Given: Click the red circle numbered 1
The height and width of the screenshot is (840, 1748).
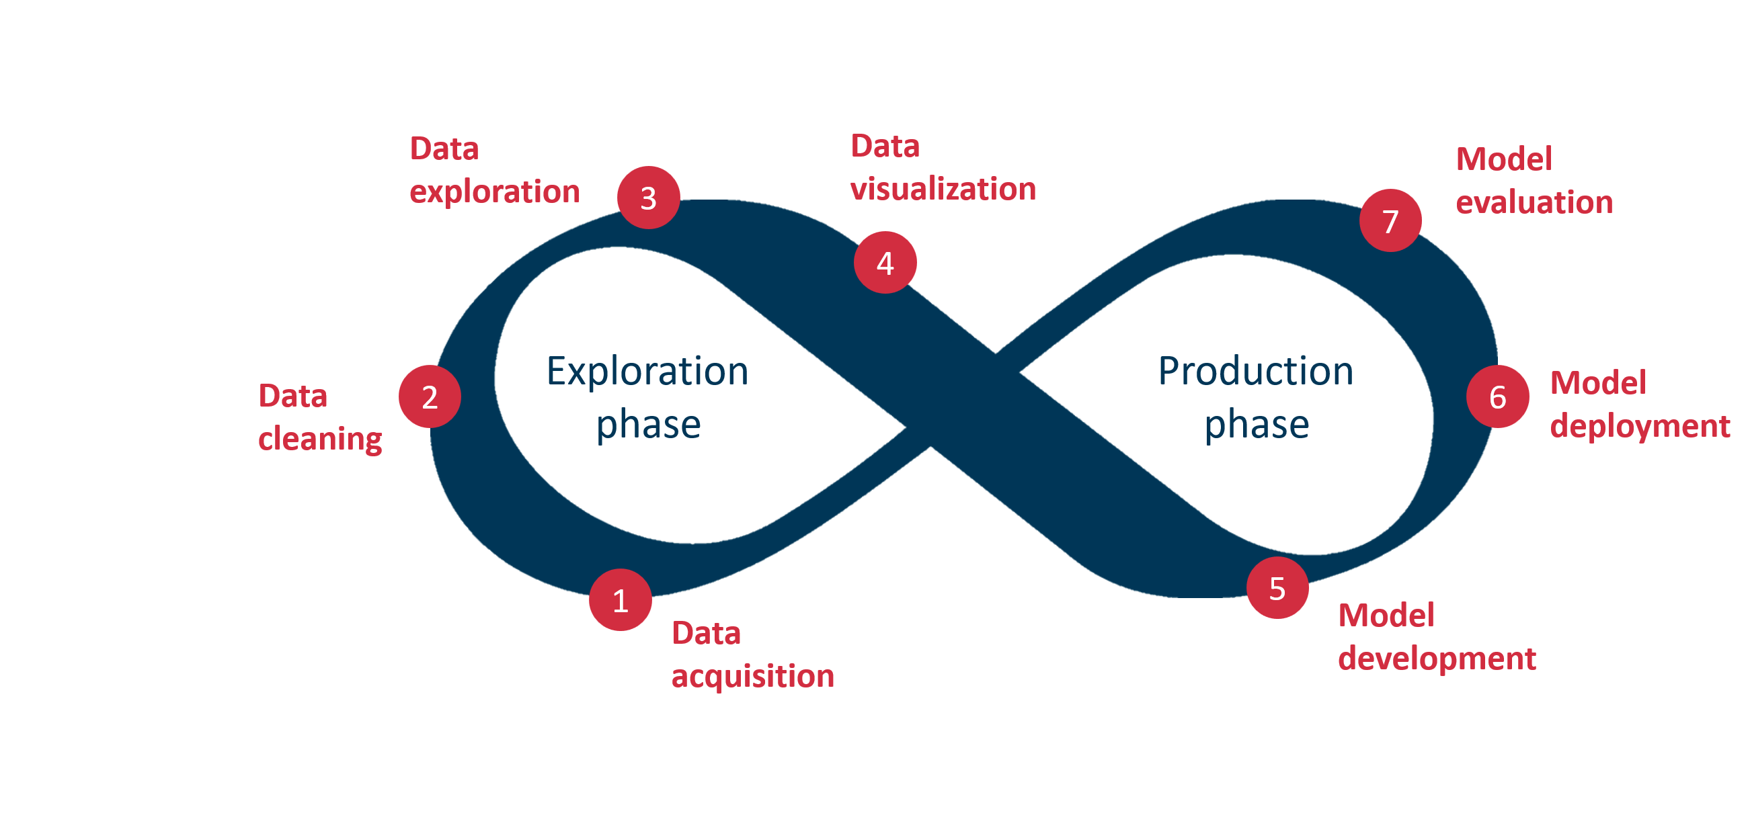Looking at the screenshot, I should [621, 600].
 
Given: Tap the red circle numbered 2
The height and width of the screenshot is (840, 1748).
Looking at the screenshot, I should [430, 396].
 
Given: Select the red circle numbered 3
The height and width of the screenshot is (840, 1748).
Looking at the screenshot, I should [648, 198].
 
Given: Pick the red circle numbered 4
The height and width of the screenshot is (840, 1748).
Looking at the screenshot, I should [885, 263].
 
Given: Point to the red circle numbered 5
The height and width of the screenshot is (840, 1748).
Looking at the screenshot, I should [1277, 587].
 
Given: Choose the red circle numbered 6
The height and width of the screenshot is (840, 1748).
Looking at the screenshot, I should [1498, 396].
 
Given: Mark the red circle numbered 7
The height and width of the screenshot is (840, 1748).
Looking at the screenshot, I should [1390, 220].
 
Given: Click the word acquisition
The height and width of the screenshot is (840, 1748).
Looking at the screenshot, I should [752, 676].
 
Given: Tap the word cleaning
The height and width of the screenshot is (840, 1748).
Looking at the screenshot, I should [319, 439].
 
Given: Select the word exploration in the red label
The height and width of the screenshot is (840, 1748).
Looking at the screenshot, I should [494, 192].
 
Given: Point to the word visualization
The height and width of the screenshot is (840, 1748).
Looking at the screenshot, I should [943, 189].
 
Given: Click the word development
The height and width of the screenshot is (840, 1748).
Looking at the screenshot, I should [1437, 658].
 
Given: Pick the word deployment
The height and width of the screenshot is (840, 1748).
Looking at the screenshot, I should [1640, 426].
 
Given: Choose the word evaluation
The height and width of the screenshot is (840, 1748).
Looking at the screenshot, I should [1534, 202].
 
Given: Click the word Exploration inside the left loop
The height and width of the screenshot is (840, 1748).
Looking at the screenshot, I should [647, 371].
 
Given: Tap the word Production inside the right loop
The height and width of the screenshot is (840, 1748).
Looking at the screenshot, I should [1255, 371].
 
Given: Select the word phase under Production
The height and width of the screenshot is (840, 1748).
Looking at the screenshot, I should [1257, 425].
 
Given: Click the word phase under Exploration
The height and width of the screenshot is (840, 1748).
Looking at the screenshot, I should [648, 425].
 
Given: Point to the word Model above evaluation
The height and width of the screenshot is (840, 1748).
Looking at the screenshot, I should [1504, 159].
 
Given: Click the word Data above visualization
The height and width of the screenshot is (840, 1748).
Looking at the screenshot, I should [885, 146].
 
